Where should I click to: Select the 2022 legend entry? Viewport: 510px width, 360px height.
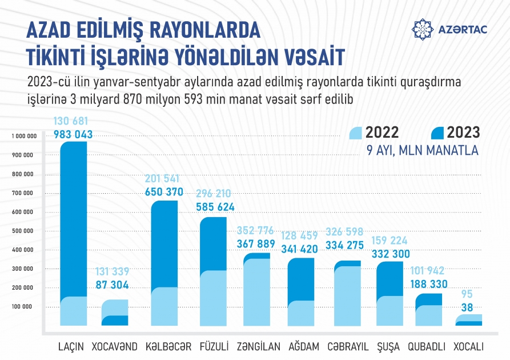pyautogui.click(x=375, y=133)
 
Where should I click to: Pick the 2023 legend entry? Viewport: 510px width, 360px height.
pyautogui.click(x=456, y=133)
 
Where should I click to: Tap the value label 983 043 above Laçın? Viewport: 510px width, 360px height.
pyautogui.click(x=73, y=134)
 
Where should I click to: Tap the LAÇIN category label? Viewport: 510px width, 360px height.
pyautogui.click(x=71, y=347)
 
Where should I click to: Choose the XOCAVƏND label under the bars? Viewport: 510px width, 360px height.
pyautogui.click(x=115, y=347)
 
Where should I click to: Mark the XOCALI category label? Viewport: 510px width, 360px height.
pyautogui.click(x=468, y=347)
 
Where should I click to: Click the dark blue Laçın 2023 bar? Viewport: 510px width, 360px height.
pyautogui.click(x=74, y=217)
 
